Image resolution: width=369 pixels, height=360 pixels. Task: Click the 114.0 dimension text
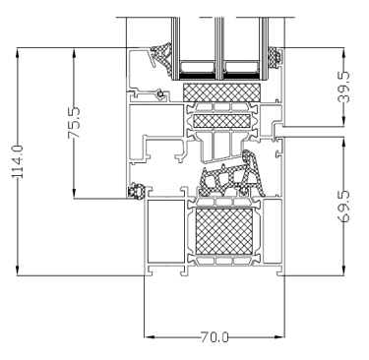pyautogui.click(x=18, y=161)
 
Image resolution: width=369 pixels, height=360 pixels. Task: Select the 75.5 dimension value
pyautogui.click(x=74, y=122)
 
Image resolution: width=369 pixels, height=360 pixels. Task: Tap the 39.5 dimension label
pyautogui.click(x=343, y=87)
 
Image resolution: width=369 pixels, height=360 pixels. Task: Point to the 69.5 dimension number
pyautogui.click(x=343, y=207)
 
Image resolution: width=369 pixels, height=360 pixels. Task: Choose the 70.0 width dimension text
pyautogui.click(x=215, y=337)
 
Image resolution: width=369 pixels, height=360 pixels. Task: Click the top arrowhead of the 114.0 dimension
pyautogui.click(x=17, y=52)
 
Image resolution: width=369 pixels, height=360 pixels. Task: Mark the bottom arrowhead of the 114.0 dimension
pyautogui.click(x=17, y=270)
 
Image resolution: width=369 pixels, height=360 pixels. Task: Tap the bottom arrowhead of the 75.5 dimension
pyautogui.click(x=74, y=194)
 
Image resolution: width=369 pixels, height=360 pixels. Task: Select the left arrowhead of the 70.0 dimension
pyautogui.click(x=150, y=337)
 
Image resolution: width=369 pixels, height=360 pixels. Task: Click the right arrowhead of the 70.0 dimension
pyautogui.click(x=279, y=337)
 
